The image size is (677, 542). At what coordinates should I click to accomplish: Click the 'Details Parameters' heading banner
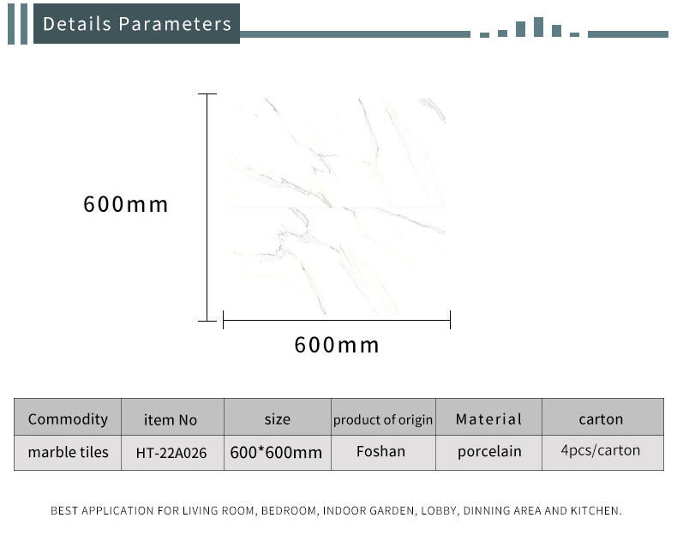coord(136,23)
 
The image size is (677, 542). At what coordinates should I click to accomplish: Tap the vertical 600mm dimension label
coord(126,204)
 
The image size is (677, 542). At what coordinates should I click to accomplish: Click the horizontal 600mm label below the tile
coord(336,345)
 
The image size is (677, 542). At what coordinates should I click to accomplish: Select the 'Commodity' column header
coord(68,419)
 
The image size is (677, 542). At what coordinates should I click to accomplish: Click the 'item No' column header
coord(171,419)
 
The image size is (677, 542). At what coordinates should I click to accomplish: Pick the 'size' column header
coord(277,419)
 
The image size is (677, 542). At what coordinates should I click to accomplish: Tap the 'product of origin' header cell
coord(383,419)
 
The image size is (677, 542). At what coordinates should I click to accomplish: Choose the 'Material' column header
coord(488,419)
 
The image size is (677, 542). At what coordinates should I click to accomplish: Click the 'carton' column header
coord(601,419)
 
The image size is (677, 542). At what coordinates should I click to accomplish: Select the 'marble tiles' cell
coord(69,452)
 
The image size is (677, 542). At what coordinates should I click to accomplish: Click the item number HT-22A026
coord(171,453)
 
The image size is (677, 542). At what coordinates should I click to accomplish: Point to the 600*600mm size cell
coord(276,453)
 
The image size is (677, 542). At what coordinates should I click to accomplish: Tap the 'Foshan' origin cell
coord(380,451)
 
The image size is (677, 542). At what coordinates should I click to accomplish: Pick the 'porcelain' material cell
coord(489,452)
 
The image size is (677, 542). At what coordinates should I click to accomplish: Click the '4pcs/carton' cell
coord(601,450)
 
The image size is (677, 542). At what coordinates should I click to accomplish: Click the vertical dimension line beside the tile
coord(207,208)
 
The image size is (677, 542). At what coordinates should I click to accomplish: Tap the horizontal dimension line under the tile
coord(337,320)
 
